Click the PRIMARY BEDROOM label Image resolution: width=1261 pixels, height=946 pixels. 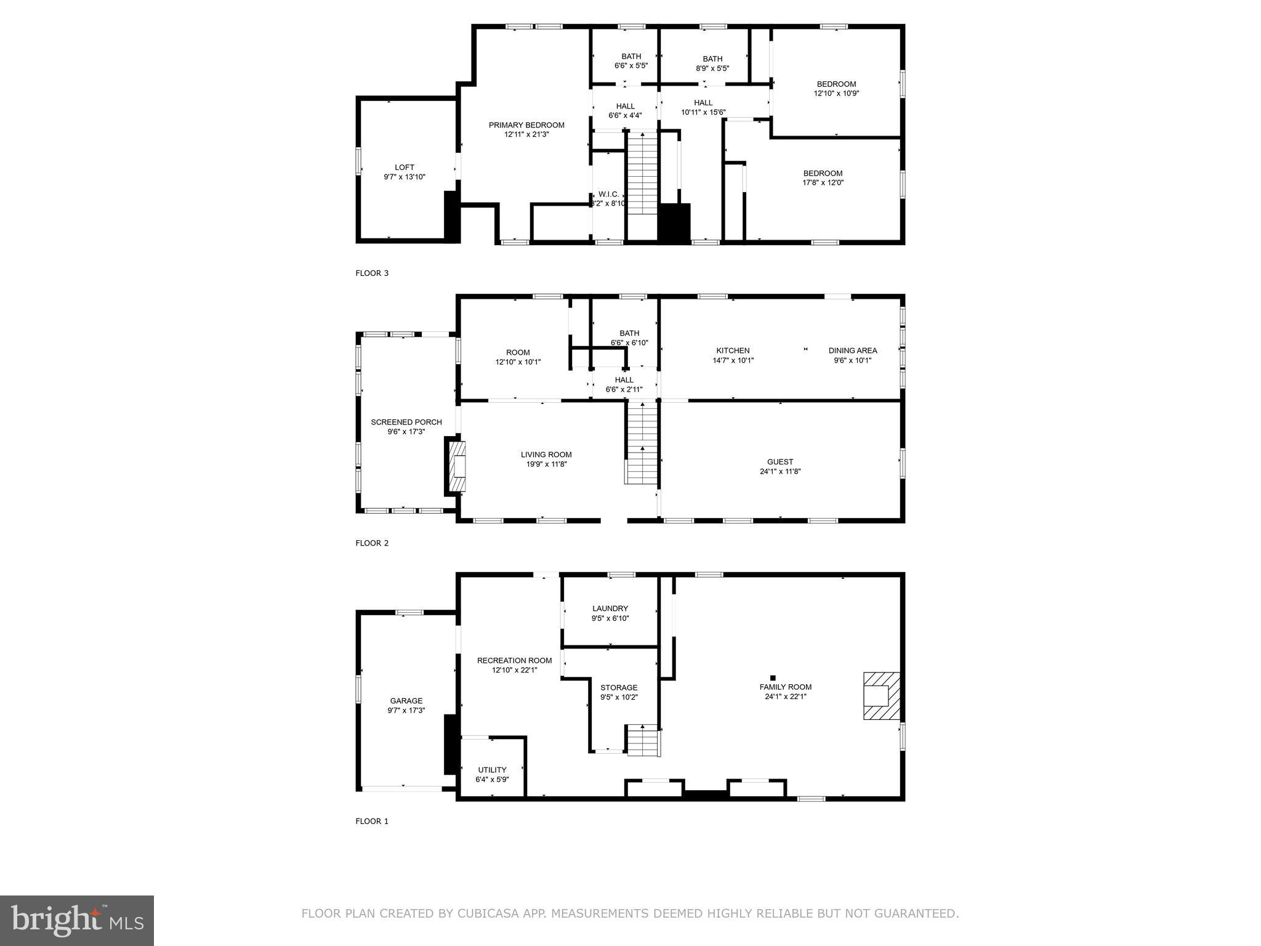click(526, 125)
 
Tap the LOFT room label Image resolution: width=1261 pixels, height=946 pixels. click(405, 167)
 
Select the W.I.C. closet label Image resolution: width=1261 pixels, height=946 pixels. click(608, 194)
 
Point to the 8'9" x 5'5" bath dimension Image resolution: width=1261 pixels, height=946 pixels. click(712, 68)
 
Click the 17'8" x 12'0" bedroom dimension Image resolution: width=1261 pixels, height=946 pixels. click(823, 183)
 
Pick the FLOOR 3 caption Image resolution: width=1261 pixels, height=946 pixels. click(372, 273)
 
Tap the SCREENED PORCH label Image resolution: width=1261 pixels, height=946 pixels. click(406, 422)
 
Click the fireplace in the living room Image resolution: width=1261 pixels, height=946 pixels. click(456, 466)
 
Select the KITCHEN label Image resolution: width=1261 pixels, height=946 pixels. click(733, 350)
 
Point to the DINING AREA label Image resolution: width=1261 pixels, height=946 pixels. click(853, 350)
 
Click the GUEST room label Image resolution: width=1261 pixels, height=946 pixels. click(780, 462)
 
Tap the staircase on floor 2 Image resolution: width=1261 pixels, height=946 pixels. click(642, 442)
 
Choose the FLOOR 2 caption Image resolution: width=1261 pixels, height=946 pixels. click(372, 543)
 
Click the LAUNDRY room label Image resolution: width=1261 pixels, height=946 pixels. click(610, 608)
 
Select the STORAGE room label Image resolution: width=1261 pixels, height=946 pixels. click(619, 687)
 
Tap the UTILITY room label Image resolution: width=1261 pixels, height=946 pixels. click(492, 770)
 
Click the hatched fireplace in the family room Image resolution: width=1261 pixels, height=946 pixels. click(881, 696)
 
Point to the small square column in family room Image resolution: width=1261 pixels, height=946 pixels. click(773, 677)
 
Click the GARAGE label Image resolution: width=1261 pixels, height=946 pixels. click(406, 700)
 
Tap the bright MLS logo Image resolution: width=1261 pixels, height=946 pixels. click(77, 920)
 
